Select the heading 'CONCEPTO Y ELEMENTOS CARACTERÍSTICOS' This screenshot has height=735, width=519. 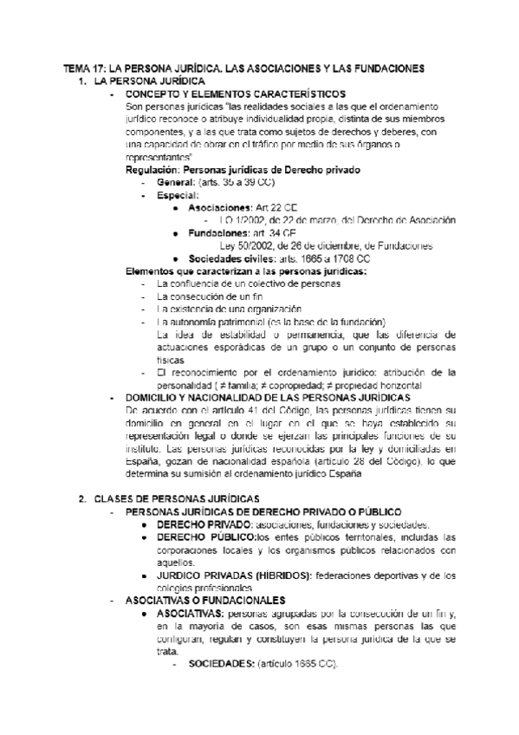[x=235, y=94]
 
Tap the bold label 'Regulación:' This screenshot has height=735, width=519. [x=155, y=170]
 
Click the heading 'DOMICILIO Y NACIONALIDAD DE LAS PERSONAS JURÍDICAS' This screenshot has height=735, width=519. [x=269, y=398]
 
